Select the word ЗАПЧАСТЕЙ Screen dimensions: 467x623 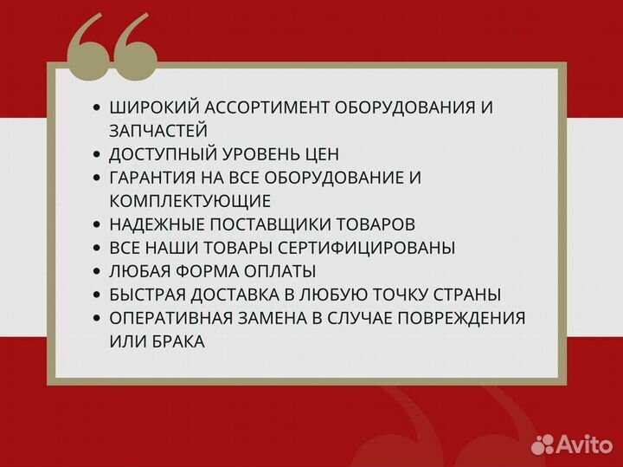click(x=158, y=131)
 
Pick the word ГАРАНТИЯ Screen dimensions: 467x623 click(x=153, y=178)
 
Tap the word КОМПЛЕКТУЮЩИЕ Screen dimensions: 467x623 click(x=190, y=201)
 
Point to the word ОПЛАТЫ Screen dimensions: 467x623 click(x=282, y=271)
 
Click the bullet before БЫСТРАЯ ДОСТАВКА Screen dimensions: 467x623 click(x=96, y=295)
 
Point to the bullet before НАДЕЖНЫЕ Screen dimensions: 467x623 click(x=96, y=224)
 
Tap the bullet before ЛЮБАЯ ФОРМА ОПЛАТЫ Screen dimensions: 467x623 click(x=96, y=271)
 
